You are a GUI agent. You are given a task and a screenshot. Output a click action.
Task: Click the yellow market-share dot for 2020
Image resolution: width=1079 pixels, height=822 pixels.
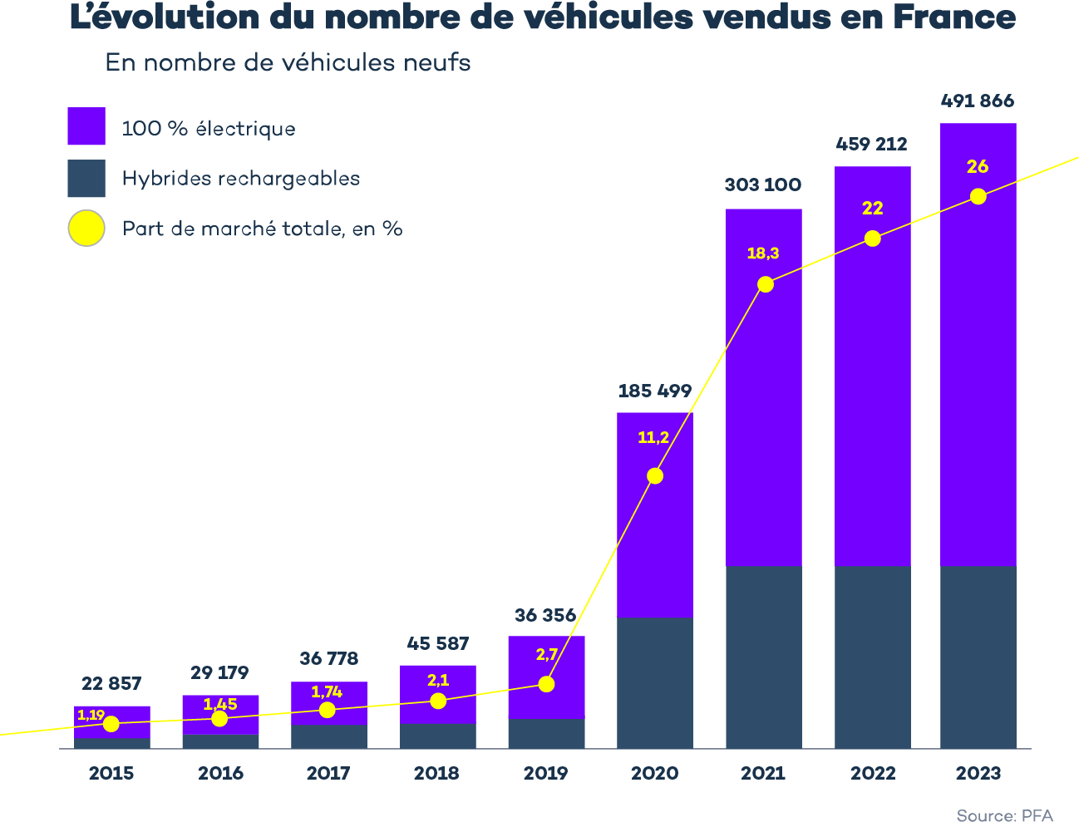(655, 475)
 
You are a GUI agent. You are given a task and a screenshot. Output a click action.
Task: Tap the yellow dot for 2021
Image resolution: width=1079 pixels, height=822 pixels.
(766, 284)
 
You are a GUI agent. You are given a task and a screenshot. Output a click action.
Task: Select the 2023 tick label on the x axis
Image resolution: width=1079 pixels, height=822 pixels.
(978, 773)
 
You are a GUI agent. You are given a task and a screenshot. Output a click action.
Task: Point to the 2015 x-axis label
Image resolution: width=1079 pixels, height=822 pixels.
(111, 773)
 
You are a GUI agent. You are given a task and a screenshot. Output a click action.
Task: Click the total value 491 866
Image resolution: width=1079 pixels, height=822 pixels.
(978, 101)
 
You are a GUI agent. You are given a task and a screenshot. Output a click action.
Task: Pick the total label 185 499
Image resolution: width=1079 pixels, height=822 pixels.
(655, 391)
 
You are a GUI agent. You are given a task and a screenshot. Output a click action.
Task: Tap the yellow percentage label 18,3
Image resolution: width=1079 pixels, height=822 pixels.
(762, 253)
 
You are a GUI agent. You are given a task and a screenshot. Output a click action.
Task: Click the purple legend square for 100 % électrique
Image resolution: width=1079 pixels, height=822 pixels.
(86, 127)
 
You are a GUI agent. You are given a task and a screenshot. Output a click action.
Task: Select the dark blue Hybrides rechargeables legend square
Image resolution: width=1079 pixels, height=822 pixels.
(86, 179)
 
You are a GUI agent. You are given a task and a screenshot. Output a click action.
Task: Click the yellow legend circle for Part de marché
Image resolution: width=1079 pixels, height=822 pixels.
(86, 228)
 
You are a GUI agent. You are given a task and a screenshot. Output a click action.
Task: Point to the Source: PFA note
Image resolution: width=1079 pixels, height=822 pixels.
(1004, 815)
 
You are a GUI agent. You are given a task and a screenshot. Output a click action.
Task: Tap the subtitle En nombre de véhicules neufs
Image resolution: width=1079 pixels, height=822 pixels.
(288, 62)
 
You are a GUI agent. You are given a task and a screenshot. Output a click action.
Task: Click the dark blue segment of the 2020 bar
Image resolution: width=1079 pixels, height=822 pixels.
(655, 682)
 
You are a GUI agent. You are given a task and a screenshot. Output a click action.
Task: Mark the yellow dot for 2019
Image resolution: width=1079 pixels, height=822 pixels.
(546, 684)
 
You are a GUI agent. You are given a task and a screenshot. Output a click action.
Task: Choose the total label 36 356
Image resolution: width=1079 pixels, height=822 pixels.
(545, 616)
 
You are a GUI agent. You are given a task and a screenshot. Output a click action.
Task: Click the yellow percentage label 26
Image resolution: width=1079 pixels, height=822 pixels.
(978, 166)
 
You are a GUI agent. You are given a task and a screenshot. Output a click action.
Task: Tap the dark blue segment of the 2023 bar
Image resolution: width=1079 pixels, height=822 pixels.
(978, 657)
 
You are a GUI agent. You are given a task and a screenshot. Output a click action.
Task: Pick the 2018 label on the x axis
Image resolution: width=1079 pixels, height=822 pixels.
(437, 773)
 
